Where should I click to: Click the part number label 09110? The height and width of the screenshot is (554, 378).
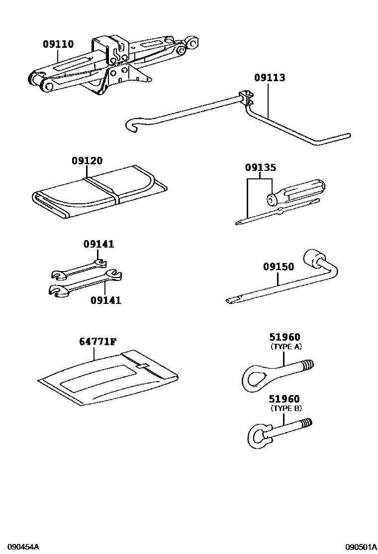tap(58, 44)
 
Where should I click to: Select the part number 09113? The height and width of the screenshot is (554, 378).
tap(270, 78)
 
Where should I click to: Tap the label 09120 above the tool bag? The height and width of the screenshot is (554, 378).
tap(87, 160)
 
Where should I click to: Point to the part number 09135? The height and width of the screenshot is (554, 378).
tap(260, 168)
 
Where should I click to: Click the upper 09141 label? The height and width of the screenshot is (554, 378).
tap(98, 244)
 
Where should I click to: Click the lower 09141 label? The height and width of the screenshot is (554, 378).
tap(105, 300)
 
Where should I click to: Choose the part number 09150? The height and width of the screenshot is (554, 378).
tap(279, 267)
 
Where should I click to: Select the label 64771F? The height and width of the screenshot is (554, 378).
tap(97, 341)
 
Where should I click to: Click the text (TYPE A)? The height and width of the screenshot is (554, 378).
tap(285, 346)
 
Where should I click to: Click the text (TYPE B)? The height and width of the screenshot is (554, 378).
tap(285, 408)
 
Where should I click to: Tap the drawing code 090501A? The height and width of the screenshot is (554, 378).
tap(362, 547)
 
